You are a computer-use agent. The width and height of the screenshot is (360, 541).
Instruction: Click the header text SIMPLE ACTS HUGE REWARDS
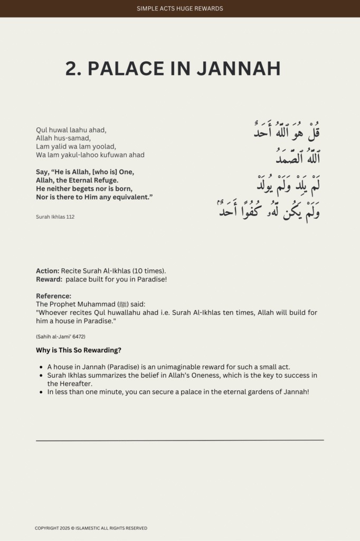pos(179,8)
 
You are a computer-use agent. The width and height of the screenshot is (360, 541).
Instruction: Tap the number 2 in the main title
pos(72,69)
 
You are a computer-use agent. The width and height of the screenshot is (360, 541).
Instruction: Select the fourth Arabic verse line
pos(269,210)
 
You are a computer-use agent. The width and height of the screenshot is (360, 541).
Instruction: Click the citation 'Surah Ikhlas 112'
pos(55,217)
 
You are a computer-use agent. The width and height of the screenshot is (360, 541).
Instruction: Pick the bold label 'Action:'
pos(48,270)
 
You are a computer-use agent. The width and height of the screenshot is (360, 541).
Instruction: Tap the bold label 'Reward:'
pos(49,279)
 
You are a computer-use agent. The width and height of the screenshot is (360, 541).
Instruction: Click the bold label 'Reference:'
pos(53,296)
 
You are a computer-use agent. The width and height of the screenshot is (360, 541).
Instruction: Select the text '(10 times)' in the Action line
pos(149,270)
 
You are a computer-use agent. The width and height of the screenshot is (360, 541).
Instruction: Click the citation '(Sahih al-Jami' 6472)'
pos(60,337)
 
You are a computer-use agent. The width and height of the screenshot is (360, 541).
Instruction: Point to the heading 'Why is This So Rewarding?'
pos(79,350)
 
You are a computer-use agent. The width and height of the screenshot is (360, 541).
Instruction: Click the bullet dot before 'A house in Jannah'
pos(41,367)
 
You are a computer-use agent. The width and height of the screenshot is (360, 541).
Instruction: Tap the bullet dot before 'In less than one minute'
pos(41,392)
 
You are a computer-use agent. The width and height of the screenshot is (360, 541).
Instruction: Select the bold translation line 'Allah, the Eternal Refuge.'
pos(77,180)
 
